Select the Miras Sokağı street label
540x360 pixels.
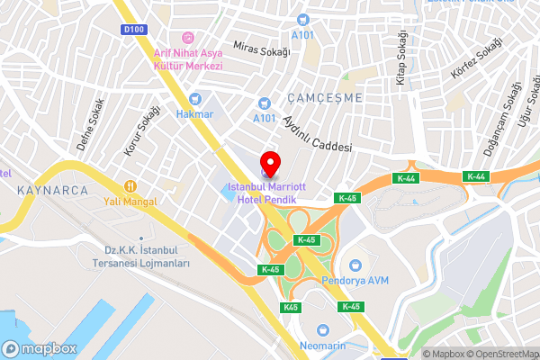pyautogui.click(x=261, y=48)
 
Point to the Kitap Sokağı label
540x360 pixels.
pyautogui.click(x=401, y=58)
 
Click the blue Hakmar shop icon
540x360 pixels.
pyautogui.click(x=195, y=99)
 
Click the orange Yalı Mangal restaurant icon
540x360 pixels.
pyautogui.click(x=130, y=185)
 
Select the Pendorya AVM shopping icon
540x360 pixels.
pyautogui.click(x=356, y=265)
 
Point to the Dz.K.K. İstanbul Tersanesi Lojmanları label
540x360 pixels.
pyautogui.click(x=147, y=256)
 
